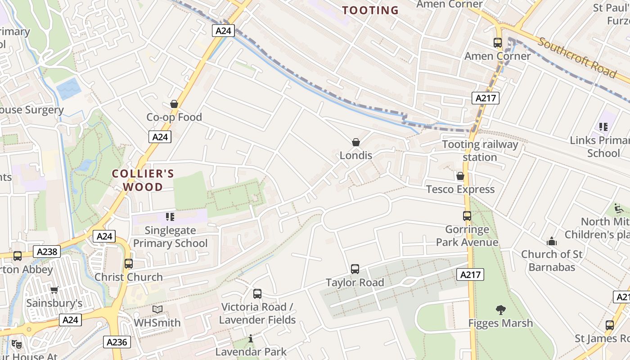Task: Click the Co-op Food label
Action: click(174, 117)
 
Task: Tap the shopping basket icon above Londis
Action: click(356, 142)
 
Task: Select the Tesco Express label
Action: click(460, 189)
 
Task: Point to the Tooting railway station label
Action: click(480, 151)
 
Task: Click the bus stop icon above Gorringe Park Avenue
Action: click(467, 216)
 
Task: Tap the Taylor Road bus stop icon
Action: click(355, 269)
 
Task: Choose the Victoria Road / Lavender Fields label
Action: click(257, 313)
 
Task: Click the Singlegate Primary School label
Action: click(170, 237)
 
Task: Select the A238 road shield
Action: click(47, 252)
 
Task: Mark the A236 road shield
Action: click(117, 342)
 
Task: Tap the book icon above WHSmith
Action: click(157, 310)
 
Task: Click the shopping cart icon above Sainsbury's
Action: click(54, 290)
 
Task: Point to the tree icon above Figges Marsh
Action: click(500, 310)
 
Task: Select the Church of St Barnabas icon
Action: click(552, 242)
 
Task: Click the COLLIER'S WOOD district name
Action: click(143, 180)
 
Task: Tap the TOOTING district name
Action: click(370, 10)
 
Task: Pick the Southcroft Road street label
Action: click(577, 57)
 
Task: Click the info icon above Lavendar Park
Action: click(251, 338)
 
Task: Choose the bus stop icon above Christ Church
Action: click(129, 264)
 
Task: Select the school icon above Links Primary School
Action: click(603, 127)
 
